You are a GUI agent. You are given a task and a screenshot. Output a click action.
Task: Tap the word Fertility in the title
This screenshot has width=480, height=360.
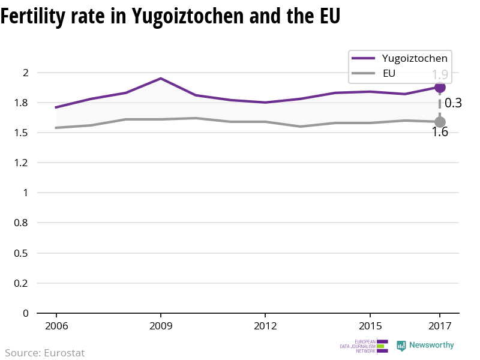tap(32, 17)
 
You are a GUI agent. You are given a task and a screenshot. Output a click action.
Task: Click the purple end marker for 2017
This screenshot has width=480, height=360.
tap(440, 87)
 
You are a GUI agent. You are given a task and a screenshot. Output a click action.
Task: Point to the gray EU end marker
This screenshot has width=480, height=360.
tap(440, 122)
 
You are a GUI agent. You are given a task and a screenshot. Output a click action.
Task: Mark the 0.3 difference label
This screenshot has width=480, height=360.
tap(453, 103)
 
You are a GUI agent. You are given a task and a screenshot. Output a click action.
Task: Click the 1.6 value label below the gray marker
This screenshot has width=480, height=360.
tap(440, 132)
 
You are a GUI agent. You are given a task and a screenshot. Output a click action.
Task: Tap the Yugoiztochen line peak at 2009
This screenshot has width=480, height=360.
tap(161, 79)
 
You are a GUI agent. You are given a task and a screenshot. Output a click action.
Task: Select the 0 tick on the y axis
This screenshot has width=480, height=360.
tap(26, 313)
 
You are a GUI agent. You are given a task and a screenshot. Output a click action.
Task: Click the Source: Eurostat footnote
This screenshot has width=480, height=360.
tap(45, 353)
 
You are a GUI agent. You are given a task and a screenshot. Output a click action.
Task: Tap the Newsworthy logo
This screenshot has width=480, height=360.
tap(425, 346)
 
